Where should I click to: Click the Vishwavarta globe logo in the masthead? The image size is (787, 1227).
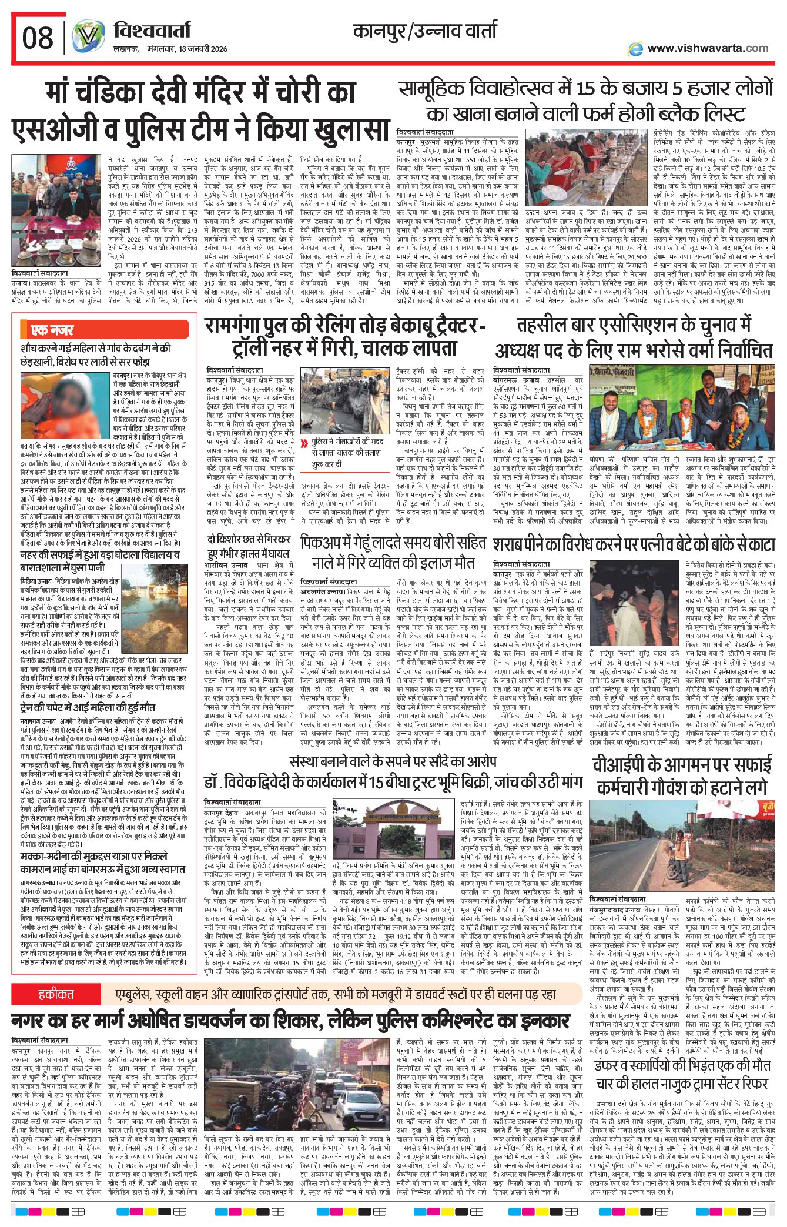coord(88,36)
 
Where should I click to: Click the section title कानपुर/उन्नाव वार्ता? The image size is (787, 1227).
coord(424,30)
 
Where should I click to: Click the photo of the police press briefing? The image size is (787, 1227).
coord(56,212)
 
